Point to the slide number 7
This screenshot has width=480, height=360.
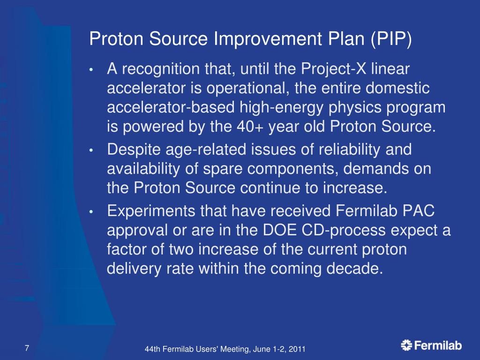pyautogui.click(x=27, y=348)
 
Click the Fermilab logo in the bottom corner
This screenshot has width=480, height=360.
pyautogui.click(x=431, y=346)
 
